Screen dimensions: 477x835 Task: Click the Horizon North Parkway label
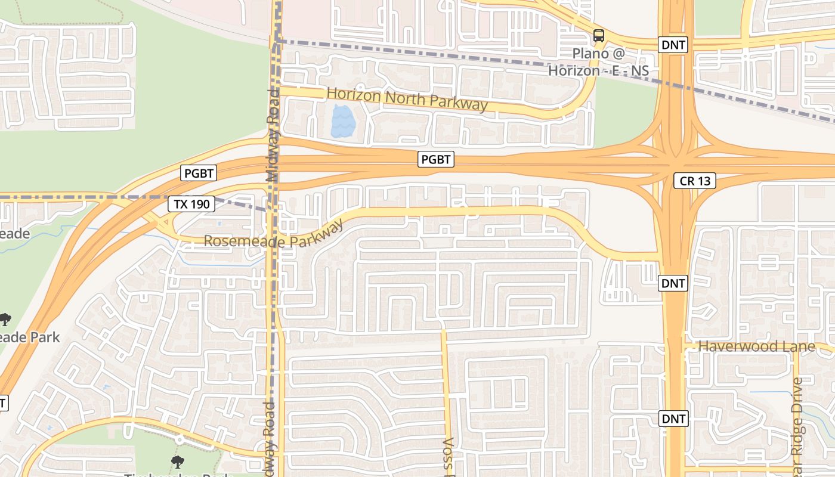[407, 99]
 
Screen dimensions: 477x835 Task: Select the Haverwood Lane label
[756, 346]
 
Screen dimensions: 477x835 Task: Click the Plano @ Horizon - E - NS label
[598, 62]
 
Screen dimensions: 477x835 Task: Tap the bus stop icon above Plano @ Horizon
[599, 36]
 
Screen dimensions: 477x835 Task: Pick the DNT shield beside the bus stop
[673, 44]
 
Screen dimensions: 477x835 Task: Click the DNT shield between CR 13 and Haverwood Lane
[673, 283]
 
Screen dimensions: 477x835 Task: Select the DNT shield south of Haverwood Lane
[673, 419]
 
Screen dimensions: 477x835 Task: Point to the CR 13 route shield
[695, 181]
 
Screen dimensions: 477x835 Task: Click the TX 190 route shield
[191, 204]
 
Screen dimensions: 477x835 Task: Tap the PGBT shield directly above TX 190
[199, 174]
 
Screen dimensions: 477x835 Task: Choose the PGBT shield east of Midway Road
[437, 159]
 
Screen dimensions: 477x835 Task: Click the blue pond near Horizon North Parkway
[343, 122]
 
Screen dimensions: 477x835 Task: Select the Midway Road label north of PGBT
[273, 136]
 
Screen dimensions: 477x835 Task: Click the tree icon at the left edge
[5, 319]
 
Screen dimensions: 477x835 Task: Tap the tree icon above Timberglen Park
[177, 461]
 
